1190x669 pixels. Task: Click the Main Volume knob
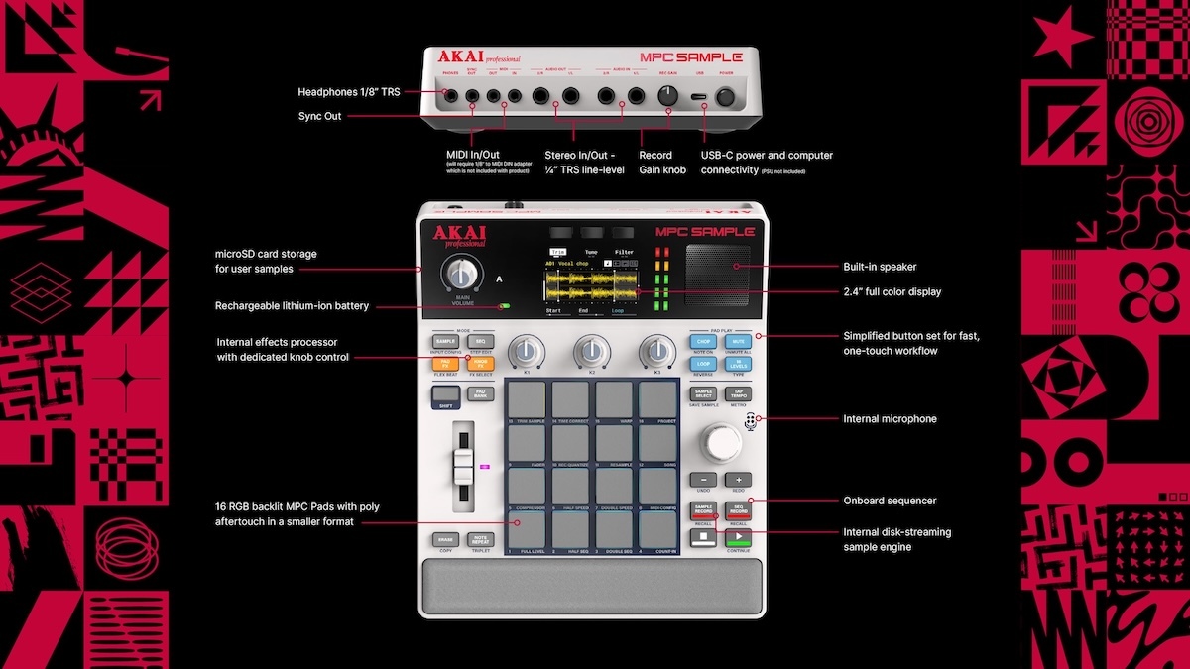458,276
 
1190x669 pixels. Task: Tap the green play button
737,537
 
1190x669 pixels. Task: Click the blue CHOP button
703,341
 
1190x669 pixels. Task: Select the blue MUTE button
738,341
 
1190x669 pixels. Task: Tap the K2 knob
592,350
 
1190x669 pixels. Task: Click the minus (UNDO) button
703,480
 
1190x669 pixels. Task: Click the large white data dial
721,441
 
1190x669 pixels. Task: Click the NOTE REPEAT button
480,540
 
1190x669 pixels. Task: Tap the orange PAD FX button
445,364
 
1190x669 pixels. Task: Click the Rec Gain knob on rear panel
667,95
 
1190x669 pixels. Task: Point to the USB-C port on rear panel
700,97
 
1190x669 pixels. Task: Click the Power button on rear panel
727,96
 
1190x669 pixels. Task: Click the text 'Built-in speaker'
880,267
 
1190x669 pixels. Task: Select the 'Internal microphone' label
890,419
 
